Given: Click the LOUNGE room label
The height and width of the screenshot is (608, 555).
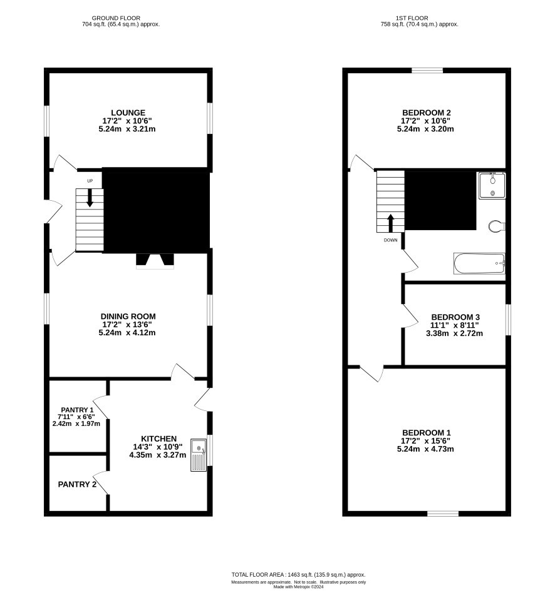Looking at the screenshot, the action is (x=128, y=113).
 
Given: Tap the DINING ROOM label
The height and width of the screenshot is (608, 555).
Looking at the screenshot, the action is (x=128, y=317).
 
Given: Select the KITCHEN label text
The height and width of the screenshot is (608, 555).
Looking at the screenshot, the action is (x=159, y=438).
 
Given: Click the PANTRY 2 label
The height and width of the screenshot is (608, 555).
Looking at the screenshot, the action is (x=77, y=484).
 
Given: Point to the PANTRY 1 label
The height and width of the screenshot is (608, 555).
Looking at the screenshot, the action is (x=77, y=410).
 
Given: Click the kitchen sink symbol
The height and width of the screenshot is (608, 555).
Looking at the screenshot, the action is (x=199, y=455).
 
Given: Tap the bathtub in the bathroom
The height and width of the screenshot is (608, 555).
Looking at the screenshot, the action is (x=479, y=264).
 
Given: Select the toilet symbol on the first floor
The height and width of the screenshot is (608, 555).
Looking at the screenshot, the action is (x=496, y=226).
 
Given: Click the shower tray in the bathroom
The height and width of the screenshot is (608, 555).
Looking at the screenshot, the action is (x=492, y=186).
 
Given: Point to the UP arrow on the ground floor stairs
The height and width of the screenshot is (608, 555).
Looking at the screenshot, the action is (x=90, y=198).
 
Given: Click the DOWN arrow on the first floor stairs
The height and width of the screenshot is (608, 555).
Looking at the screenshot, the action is (x=391, y=223).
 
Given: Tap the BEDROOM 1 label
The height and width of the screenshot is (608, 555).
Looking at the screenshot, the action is (x=427, y=433).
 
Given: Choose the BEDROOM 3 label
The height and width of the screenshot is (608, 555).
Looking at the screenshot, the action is (x=455, y=317).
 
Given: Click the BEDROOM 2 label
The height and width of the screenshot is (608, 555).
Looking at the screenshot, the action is (x=427, y=113).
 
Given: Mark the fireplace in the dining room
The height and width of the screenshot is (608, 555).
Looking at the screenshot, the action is (x=155, y=261).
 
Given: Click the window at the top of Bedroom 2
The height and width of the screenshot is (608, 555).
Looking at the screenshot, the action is (x=427, y=70).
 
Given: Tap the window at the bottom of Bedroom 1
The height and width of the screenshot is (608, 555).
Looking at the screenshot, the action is (x=443, y=514).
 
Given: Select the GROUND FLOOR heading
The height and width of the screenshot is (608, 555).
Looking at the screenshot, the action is (x=116, y=18).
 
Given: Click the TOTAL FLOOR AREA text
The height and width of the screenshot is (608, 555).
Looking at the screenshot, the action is (x=299, y=575).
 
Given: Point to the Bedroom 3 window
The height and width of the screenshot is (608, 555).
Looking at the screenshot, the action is (x=509, y=319).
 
